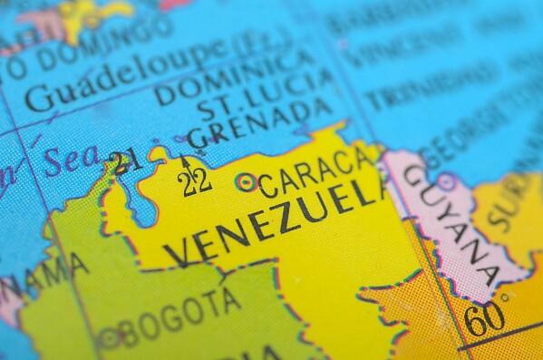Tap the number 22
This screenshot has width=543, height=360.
coord(196,181)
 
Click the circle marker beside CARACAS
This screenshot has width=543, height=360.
coord(245,182)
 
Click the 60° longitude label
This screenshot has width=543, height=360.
coord(488,318)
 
